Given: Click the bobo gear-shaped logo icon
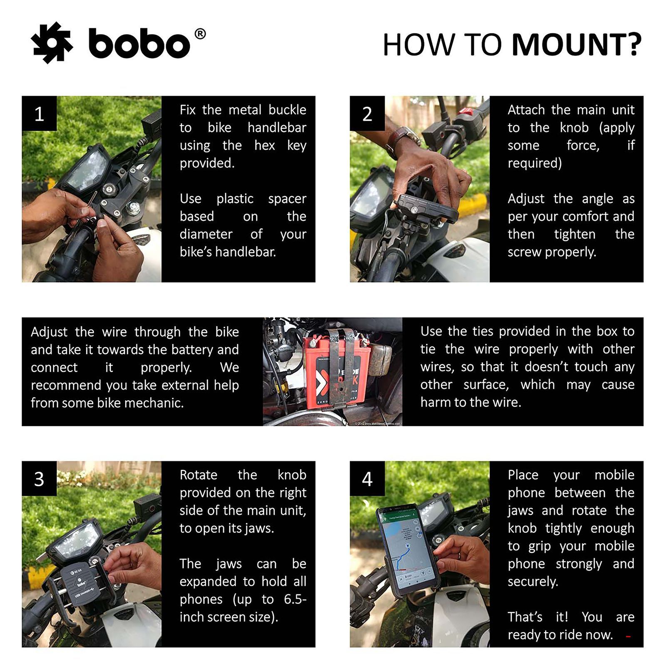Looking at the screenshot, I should coord(52,43).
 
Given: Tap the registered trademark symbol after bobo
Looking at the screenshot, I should coord(200,34).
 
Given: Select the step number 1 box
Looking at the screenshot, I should coord(39,114).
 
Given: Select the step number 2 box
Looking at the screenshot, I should coord(367,114).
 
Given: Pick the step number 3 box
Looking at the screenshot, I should coord(39,479).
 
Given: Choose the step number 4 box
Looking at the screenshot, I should coord(367,479).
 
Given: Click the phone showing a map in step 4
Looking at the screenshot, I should coord(406,549).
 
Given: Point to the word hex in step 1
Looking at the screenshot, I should coord(264,145).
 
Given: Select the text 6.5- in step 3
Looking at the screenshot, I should coord(295,599).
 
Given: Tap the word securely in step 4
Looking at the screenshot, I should coord(532,582).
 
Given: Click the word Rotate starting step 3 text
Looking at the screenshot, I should coord(198,475).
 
